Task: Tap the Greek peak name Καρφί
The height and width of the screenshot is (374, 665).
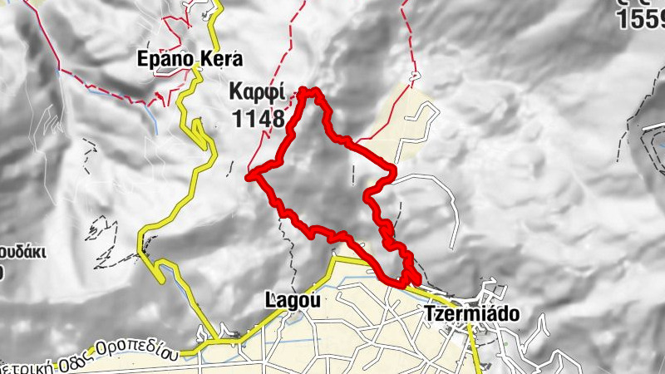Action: tap(259, 90)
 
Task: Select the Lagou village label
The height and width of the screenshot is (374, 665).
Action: tap(291, 298)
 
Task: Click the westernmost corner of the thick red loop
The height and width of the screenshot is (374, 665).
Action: tap(249, 175)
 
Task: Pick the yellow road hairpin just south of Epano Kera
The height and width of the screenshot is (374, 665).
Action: tap(200, 129)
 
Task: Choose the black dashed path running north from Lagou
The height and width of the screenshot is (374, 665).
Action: tap(293, 258)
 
